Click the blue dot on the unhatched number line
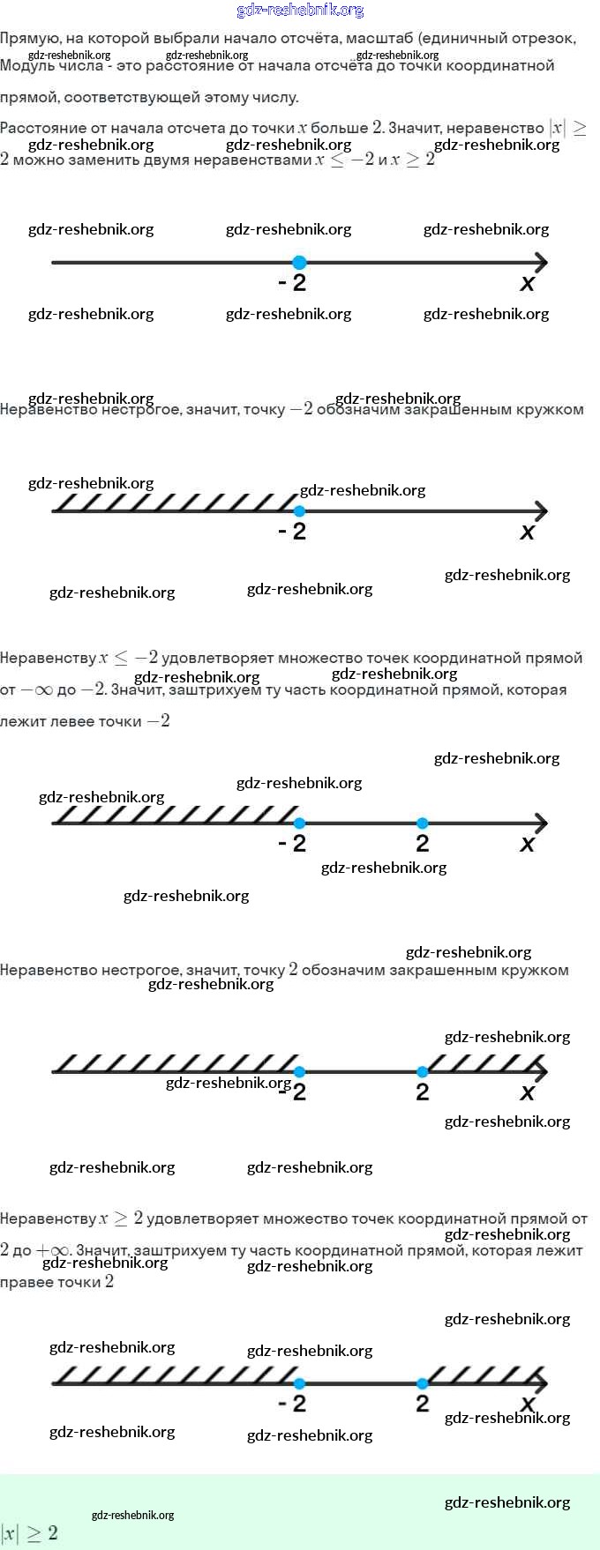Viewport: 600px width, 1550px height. coord(299,262)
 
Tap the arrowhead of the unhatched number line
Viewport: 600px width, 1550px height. coord(542,262)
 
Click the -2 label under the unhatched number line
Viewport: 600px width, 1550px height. coord(293,283)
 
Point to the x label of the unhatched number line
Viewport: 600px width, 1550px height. coord(528,284)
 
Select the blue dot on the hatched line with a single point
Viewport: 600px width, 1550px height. coord(299,511)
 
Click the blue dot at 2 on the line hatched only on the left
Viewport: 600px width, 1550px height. coord(423,823)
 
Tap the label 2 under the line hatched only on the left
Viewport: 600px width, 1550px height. coord(423,844)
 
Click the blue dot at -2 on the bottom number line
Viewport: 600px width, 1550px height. coord(299,1383)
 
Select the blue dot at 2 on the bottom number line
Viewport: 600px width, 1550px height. coord(423,1383)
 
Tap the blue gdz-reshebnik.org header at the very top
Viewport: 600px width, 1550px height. coord(300,11)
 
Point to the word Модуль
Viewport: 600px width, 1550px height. coord(26,66)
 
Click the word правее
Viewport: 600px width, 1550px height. coord(24,1282)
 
